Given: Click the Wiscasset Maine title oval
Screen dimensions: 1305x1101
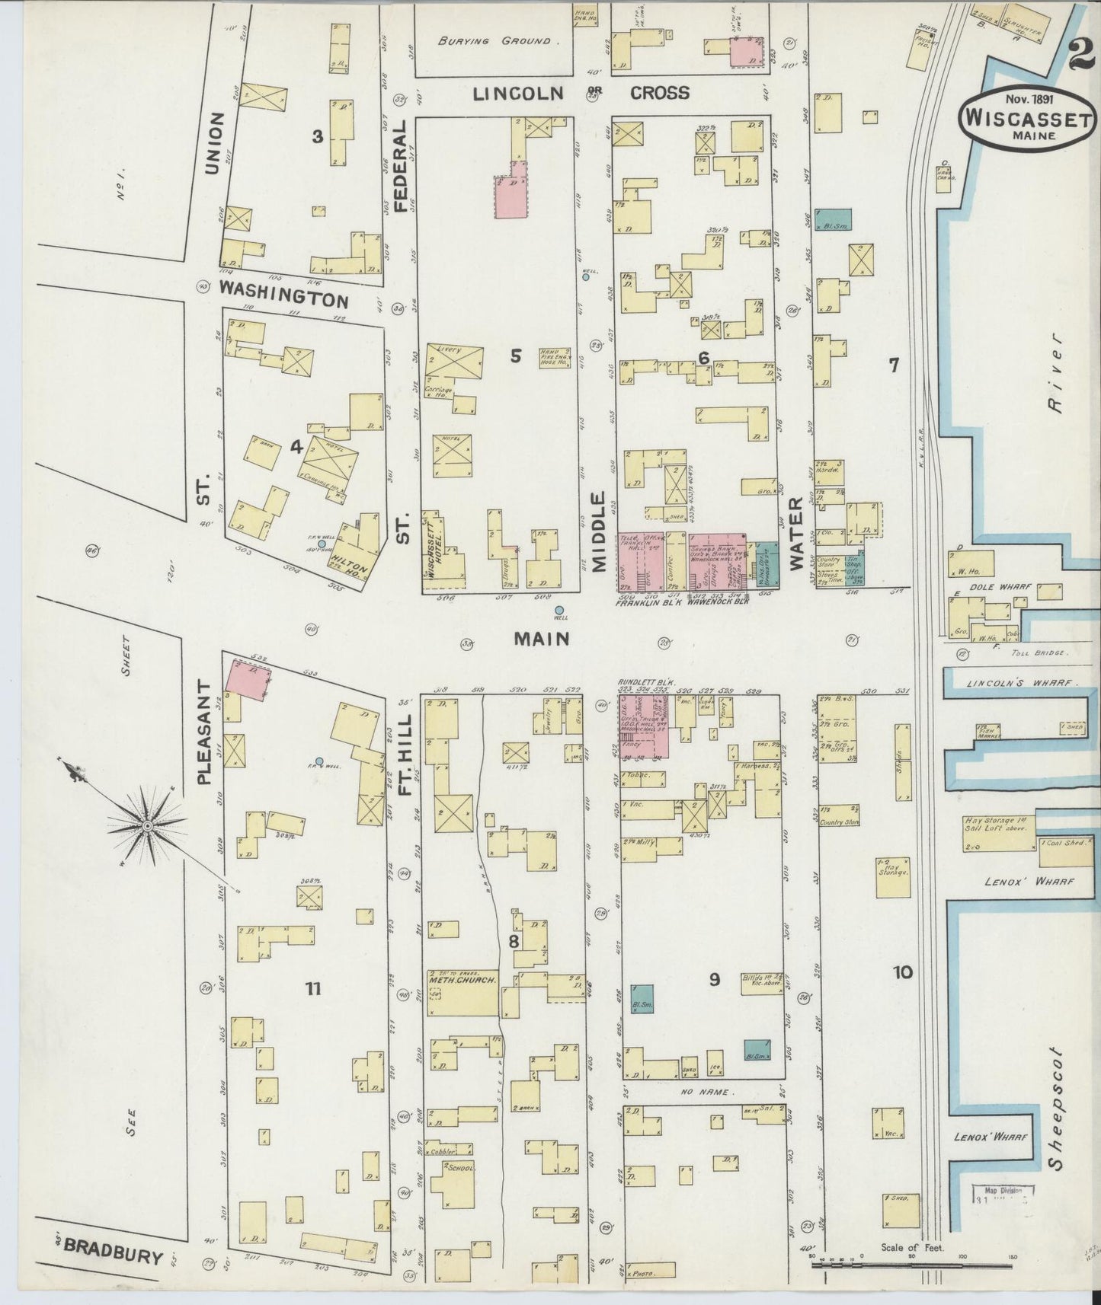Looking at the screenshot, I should [1027, 118].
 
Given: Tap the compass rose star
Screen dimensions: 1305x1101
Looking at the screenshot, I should [147, 825].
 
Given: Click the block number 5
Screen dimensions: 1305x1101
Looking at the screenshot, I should [516, 355].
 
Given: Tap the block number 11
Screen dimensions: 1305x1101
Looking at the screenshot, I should [312, 989].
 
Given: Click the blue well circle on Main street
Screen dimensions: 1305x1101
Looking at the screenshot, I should [559, 611].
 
